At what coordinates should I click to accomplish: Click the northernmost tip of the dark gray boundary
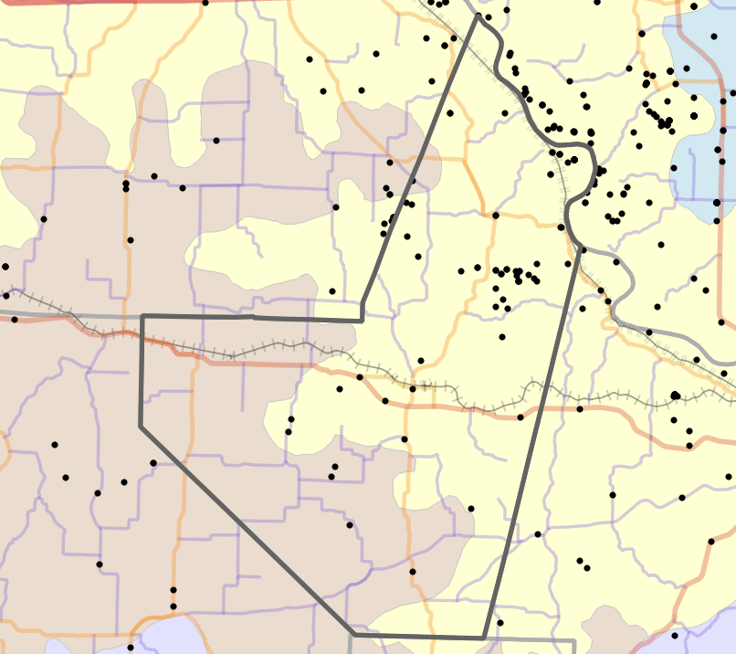click(x=477, y=15)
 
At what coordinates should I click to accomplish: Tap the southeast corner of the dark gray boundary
click(x=483, y=637)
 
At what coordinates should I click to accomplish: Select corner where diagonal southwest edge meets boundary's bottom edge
click(x=353, y=634)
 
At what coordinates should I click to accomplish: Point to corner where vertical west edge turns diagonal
click(x=140, y=426)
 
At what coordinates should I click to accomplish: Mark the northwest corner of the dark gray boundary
click(x=142, y=316)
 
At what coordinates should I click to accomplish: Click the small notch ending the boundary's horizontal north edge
click(x=363, y=320)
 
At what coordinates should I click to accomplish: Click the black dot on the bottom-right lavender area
click(x=675, y=636)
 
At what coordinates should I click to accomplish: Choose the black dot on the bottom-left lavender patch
click(x=131, y=648)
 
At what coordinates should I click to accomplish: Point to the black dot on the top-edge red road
click(x=205, y=2)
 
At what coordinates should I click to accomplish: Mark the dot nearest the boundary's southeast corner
click(x=500, y=623)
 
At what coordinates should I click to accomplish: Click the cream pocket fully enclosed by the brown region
click(x=236, y=253)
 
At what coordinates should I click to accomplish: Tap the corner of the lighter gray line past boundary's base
click(x=573, y=641)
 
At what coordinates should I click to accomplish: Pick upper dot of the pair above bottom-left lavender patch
click(x=173, y=590)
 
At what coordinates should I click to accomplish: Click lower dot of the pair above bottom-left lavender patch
click(x=173, y=607)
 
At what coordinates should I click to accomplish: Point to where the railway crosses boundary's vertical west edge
click(x=142, y=334)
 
